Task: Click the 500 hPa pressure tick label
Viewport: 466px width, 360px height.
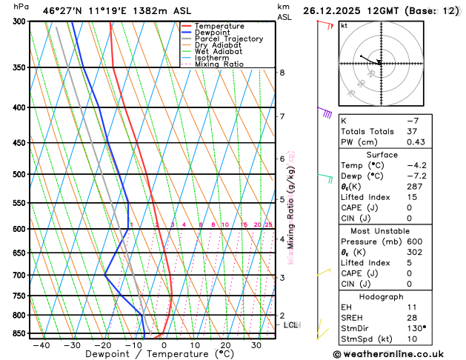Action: pos(16,175)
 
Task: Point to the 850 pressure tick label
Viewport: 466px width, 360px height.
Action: pos(16,334)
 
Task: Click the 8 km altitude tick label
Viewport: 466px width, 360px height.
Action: pos(282,73)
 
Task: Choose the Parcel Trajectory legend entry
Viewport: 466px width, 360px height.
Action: pos(228,39)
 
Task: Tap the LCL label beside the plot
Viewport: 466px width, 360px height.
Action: pos(291,324)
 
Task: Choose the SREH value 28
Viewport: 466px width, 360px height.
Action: pos(412,317)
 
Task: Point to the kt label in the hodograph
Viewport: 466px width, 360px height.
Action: pos(344,25)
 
